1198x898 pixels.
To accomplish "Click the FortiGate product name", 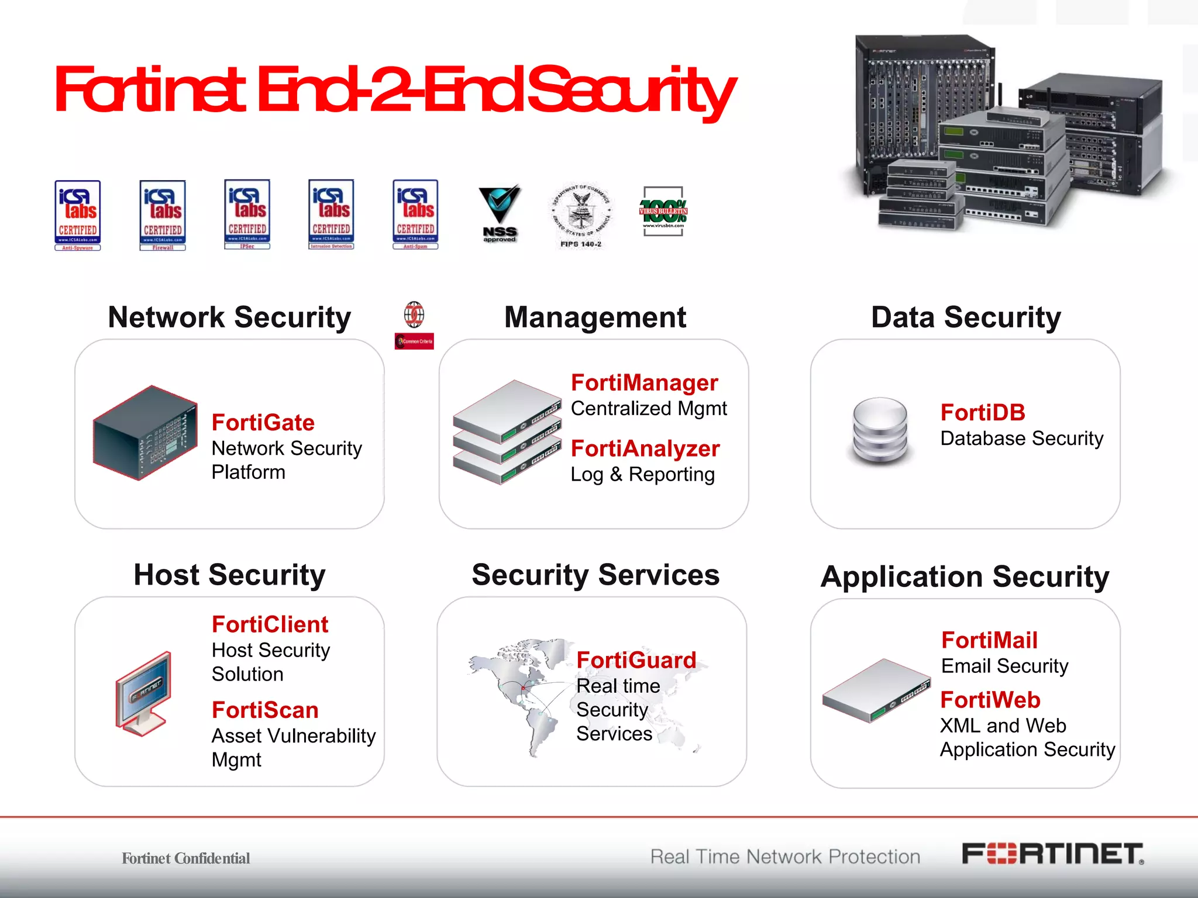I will [x=263, y=423].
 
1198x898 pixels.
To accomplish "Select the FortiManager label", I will [x=644, y=383].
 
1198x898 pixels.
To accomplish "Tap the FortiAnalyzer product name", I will [x=645, y=449].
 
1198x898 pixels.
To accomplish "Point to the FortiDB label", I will [x=983, y=413].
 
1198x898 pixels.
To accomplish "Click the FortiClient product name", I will [x=270, y=624].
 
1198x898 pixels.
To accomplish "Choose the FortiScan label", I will [x=265, y=710].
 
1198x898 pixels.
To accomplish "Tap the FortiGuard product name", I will [x=636, y=661].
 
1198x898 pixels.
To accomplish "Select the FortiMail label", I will [x=989, y=640].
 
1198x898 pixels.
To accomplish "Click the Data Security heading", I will [x=966, y=317].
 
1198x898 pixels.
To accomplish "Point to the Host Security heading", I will [x=229, y=575].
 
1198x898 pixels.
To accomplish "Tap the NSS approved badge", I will [x=499, y=214].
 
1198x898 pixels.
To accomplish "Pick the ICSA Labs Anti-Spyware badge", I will [x=78, y=215].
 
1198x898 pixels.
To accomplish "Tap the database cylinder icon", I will [x=880, y=431].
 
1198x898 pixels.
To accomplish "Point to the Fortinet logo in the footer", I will [x=1052, y=854].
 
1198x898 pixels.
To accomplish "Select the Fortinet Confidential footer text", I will [x=185, y=858].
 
